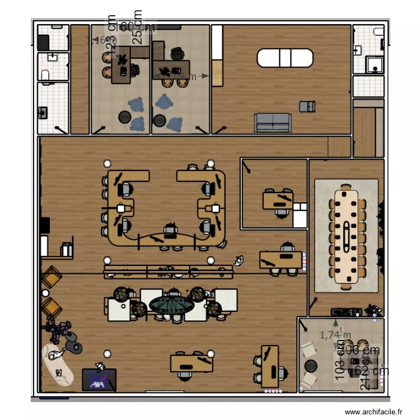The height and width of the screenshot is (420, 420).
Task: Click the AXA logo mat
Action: [x=99, y=379]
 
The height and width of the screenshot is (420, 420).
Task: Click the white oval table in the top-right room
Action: [x=285, y=58]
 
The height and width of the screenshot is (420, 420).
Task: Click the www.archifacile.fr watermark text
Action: [x=374, y=412]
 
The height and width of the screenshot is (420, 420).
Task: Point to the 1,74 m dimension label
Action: [x=335, y=335]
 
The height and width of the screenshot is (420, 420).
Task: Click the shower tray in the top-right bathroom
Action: [x=375, y=65]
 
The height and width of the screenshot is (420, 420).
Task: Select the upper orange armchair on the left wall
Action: [x=52, y=277]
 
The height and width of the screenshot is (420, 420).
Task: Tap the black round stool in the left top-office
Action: [x=123, y=117]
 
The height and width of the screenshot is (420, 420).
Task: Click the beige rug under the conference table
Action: [x=322, y=235]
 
